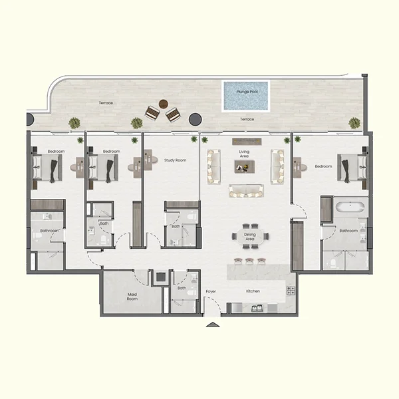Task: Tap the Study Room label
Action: [x=175, y=160]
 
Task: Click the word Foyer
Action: [x=211, y=291]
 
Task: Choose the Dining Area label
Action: [x=250, y=237]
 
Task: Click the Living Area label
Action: [x=244, y=154]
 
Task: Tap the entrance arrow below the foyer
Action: [x=212, y=325]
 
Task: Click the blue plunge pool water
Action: [x=245, y=98]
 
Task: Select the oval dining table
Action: [x=250, y=235]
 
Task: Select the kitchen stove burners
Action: [x=291, y=291]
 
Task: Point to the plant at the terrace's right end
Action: [x=354, y=122]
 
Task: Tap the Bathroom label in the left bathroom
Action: [x=49, y=231]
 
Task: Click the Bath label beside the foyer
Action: [x=182, y=288]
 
